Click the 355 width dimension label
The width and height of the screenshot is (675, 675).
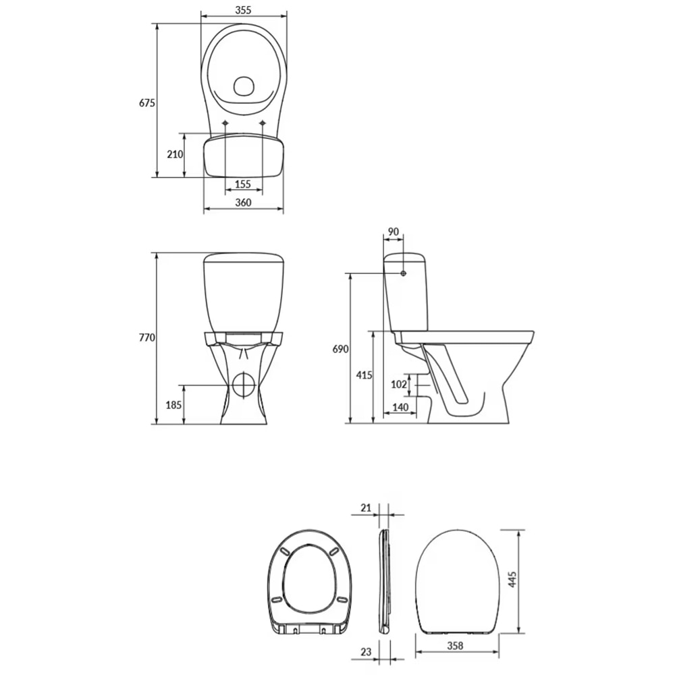coord(244,9)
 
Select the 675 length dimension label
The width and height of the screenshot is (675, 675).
coord(147,103)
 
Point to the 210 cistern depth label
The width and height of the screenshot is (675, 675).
coord(175,154)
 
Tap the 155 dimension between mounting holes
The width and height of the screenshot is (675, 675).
coord(243,184)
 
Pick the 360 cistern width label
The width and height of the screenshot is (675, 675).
coord(243,202)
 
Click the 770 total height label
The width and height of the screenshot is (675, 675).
coord(147,337)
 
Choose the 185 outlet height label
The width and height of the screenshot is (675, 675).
coord(174,405)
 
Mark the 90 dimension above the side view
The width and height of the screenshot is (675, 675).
coord(393,232)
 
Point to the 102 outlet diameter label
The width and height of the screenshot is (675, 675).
coord(400,384)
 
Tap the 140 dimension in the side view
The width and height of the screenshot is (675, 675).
coord(400,407)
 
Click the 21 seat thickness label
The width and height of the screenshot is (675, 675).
coord(365,507)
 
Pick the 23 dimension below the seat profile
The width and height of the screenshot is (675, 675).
coord(366,652)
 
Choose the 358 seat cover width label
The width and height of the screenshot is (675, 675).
coord(455,645)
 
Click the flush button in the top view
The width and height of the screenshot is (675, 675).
coord(243,86)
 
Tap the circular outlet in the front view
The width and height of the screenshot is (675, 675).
coord(243,384)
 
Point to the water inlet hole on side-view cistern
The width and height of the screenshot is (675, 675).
coord(403,273)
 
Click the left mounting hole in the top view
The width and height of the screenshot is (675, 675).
coord(225,123)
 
